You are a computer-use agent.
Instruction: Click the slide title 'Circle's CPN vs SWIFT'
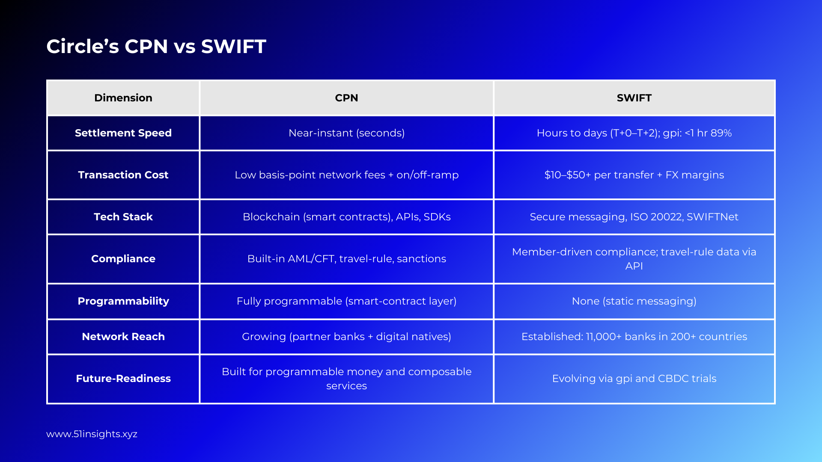(x=156, y=46)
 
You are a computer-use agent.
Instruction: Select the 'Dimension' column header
(x=123, y=98)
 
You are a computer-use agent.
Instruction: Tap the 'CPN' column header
(x=346, y=98)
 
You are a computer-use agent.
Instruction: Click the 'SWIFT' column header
(x=634, y=98)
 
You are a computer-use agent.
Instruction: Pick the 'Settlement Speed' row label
(x=123, y=133)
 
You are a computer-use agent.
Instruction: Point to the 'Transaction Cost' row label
(x=123, y=175)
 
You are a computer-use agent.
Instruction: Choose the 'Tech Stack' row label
(x=123, y=217)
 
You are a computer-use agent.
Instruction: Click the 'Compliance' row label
(x=123, y=259)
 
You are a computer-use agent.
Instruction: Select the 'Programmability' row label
(x=123, y=301)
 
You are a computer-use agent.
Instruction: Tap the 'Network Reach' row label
(x=123, y=337)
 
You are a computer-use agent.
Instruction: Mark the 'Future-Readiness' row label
(x=123, y=379)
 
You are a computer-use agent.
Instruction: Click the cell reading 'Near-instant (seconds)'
(x=346, y=133)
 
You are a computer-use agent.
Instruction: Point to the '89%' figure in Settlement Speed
(x=721, y=133)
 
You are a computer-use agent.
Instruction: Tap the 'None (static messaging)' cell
(x=634, y=301)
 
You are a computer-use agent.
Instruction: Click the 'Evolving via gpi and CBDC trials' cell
(x=634, y=379)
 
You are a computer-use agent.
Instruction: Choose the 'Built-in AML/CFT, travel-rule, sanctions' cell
(x=346, y=259)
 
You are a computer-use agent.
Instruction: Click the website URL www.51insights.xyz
(x=92, y=434)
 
